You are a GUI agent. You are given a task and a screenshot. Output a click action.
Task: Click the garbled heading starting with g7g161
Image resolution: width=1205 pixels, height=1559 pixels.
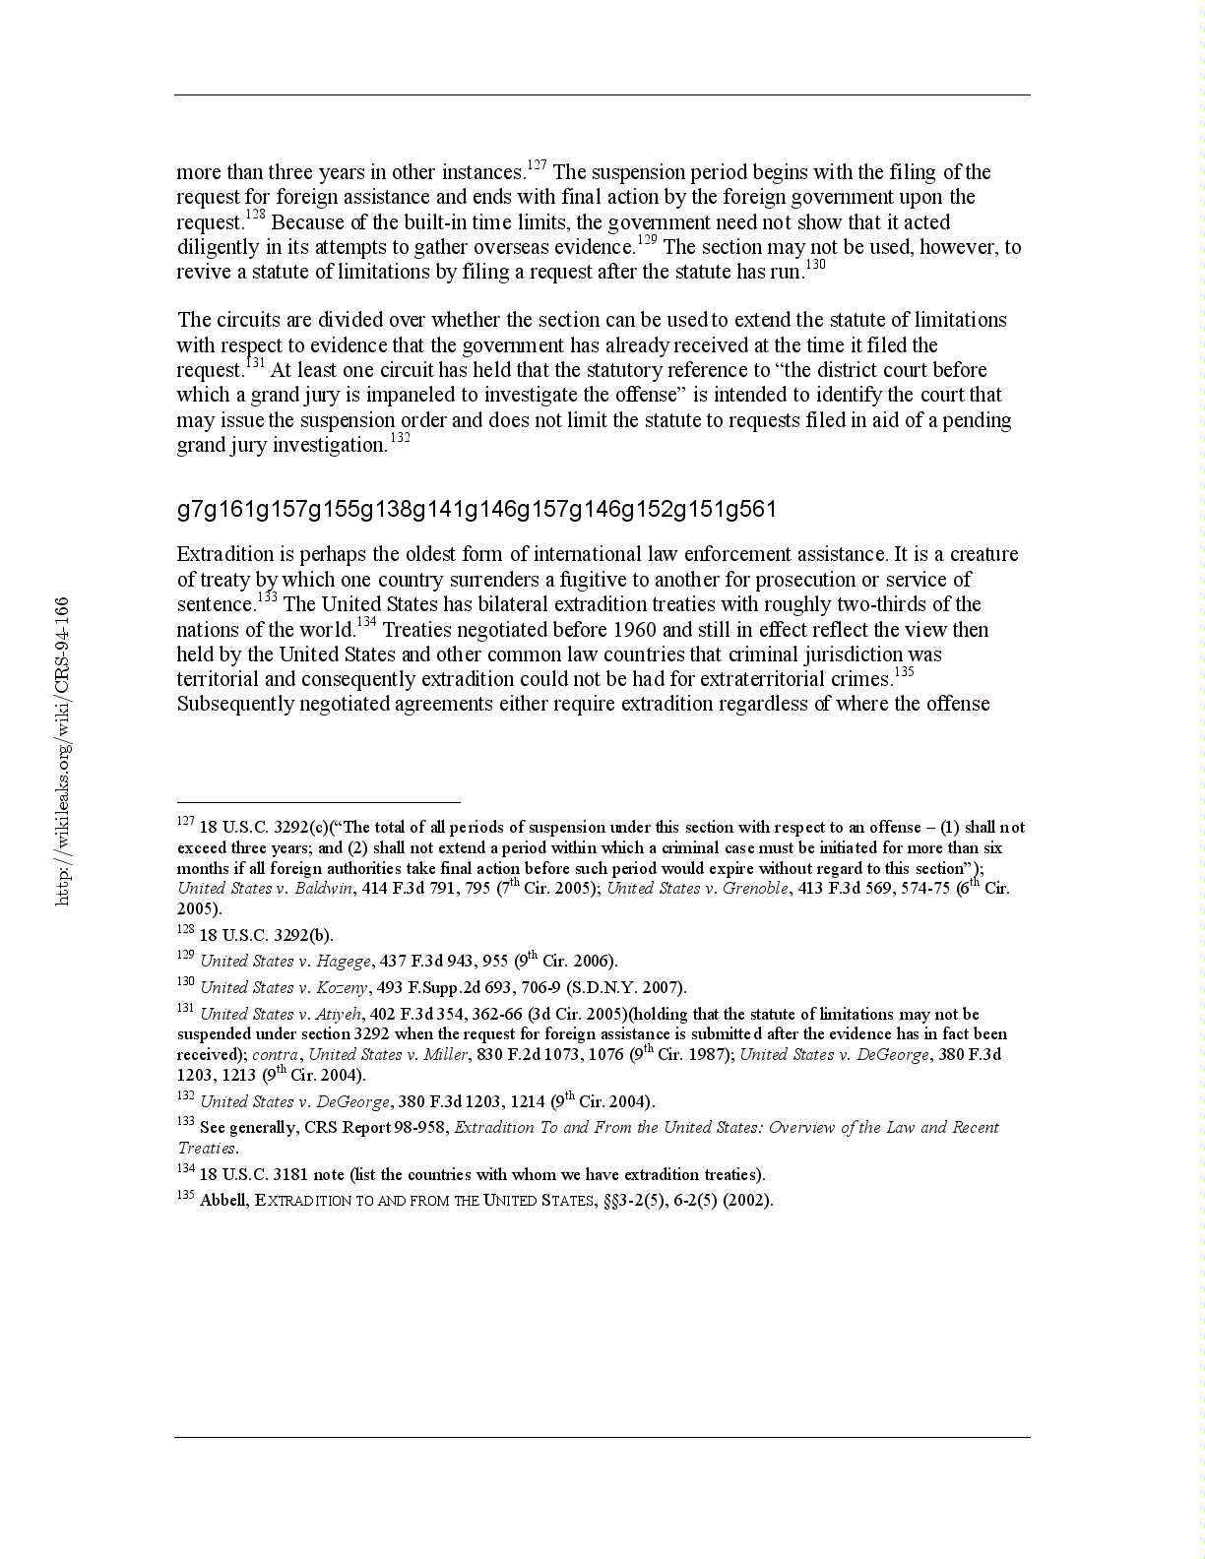(x=476, y=509)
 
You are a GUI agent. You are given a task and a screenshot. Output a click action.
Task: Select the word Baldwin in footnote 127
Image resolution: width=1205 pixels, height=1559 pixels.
(x=323, y=888)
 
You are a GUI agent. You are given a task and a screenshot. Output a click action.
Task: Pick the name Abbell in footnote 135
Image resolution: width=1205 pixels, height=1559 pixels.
(x=222, y=1201)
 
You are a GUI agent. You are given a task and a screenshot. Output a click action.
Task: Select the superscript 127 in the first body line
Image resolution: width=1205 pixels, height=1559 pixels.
(x=537, y=164)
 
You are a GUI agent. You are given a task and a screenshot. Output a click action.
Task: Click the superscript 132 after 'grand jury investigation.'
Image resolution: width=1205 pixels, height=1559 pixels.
(x=400, y=437)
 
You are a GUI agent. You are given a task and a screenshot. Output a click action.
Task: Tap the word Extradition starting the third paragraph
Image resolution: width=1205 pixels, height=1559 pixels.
(x=225, y=554)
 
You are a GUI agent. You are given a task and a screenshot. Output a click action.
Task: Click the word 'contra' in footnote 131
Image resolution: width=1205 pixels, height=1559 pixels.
(x=275, y=1054)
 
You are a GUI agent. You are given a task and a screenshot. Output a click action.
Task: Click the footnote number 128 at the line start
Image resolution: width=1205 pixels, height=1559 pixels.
(x=186, y=929)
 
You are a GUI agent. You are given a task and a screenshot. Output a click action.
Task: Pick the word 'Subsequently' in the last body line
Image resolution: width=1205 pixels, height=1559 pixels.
(x=234, y=704)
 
